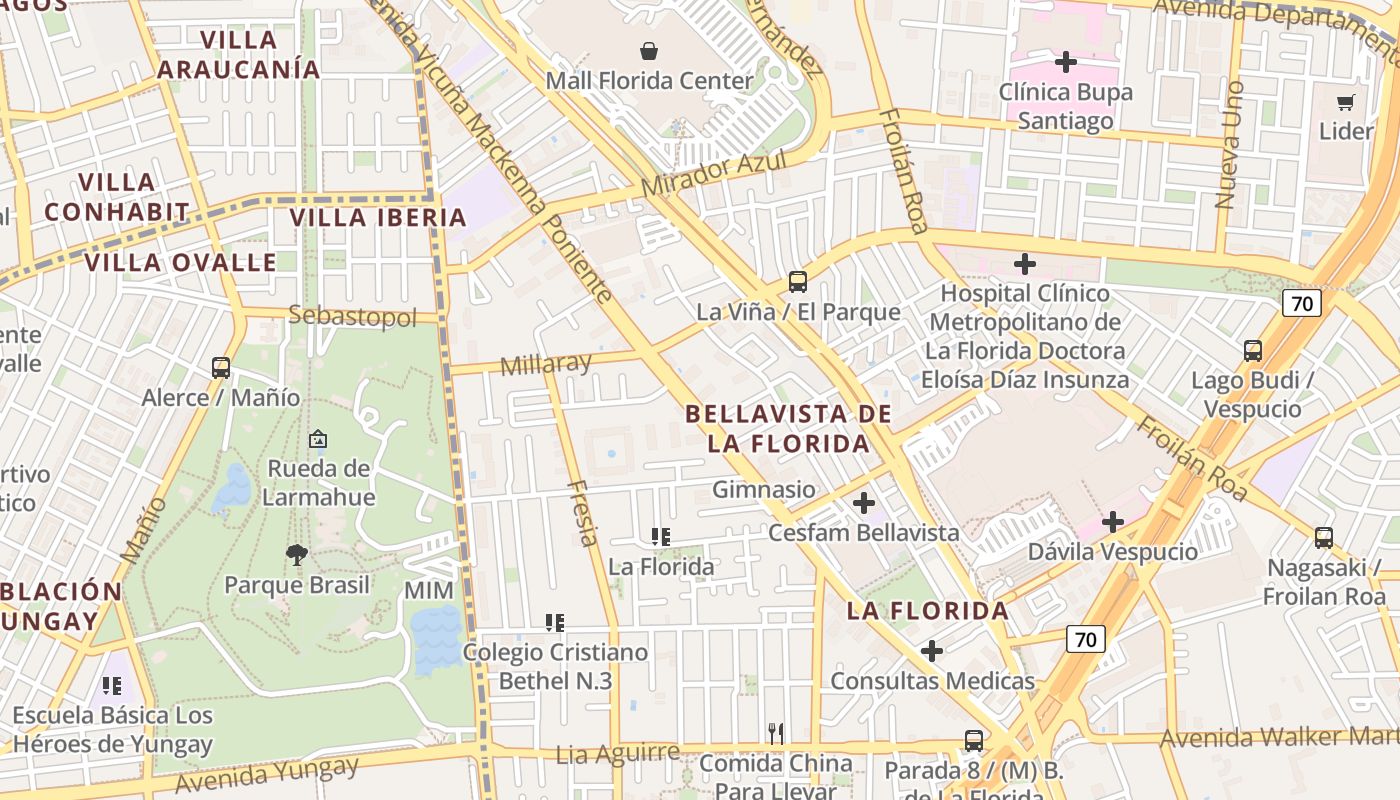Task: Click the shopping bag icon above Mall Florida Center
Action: [649, 50]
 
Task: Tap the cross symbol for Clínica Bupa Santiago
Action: [1066, 62]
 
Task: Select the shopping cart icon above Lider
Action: [1346, 102]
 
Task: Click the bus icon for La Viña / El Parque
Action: [797, 282]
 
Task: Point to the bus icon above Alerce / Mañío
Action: [221, 368]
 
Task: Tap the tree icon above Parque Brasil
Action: [296, 554]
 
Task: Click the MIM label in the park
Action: [428, 591]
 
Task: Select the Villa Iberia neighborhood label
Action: [378, 217]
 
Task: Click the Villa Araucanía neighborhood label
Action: [239, 55]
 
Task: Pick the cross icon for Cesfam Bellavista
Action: [864, 503]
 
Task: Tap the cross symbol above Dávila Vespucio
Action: [1113, 522]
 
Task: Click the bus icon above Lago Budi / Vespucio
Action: [1252, 351]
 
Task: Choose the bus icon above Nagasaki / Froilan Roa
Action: [1324, 538]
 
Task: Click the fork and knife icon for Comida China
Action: [776, 733]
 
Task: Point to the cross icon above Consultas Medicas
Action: [932, 651]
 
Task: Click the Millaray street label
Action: [546, 364]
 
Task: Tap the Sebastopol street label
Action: [352, 317]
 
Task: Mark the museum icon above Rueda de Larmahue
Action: [318, 438]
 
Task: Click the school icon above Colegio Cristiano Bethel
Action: [555, 623]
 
